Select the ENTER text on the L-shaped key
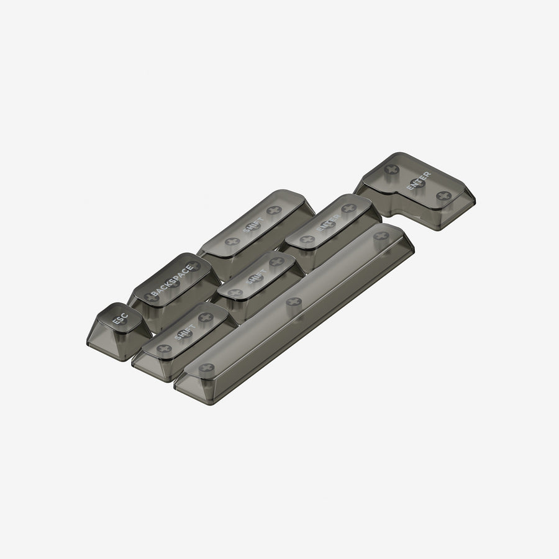coord(418,181)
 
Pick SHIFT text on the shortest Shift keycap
coord(255,277)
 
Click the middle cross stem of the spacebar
coord(294,302)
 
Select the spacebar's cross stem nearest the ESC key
coord(207,368)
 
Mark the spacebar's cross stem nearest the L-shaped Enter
coord(381,236)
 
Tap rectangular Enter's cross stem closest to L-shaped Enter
coord(348,208)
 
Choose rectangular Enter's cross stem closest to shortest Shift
coord(307,239)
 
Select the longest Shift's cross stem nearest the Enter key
coord(274,211)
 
